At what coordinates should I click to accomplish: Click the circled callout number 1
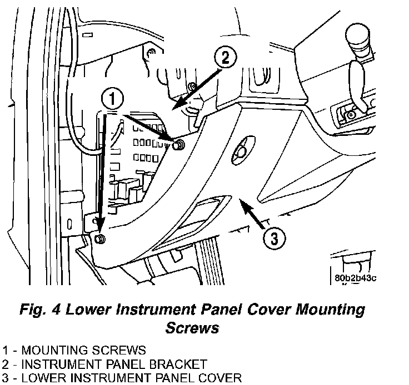[x=112, y=100]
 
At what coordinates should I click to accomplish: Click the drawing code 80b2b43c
[x=356, y=278]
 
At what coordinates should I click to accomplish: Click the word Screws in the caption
[x=192, y=327]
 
